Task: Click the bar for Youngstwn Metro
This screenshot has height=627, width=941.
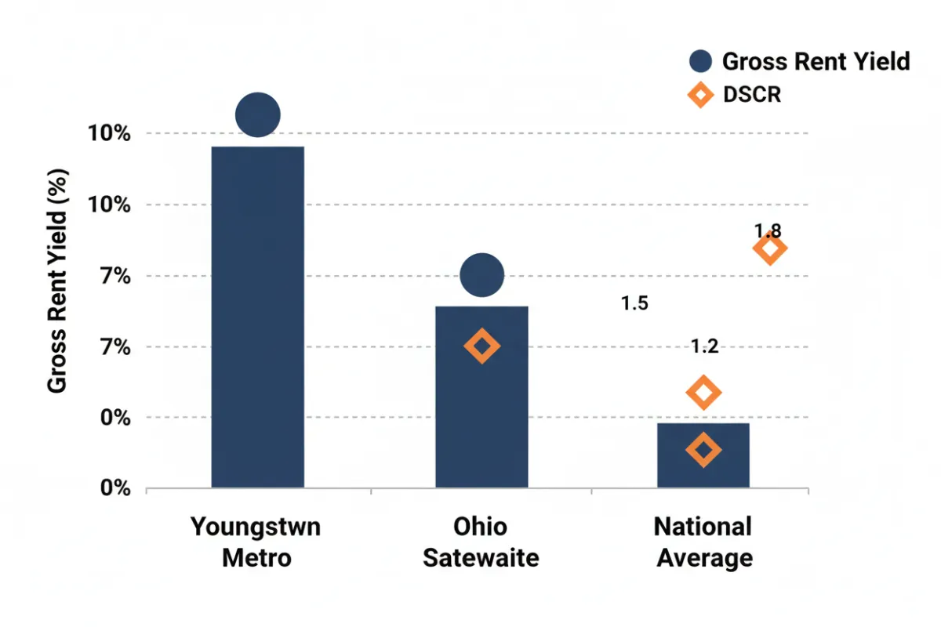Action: tap(257, 317)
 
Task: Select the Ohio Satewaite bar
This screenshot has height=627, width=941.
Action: tap(481, 397)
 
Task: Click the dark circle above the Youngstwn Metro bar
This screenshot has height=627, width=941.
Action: tap(257, 114)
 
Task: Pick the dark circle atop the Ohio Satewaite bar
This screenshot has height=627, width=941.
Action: tap(481, 275)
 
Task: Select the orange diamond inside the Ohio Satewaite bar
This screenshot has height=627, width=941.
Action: tap(481, 346)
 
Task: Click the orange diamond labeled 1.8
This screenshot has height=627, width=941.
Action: tap(769, 249)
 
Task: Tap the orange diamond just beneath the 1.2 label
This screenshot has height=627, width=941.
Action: tap(703, 393)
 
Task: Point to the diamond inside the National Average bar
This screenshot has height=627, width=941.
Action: tap(703, 450)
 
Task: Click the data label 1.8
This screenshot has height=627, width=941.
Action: tap(768, 230)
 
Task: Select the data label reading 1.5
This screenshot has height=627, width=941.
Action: tap(634, 303)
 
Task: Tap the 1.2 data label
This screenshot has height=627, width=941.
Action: tap(704, 346)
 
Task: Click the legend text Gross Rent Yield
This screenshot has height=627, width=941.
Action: tap(816, 61)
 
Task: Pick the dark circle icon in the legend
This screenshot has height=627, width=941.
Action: tap(700, 61)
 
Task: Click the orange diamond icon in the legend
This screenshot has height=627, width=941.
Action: tap(700, 96)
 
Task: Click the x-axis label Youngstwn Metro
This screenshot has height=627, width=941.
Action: tap(256, 542)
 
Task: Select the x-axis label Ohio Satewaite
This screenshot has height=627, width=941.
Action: tap(481, 542)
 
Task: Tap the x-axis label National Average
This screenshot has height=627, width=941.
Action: tap(703, 542)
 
